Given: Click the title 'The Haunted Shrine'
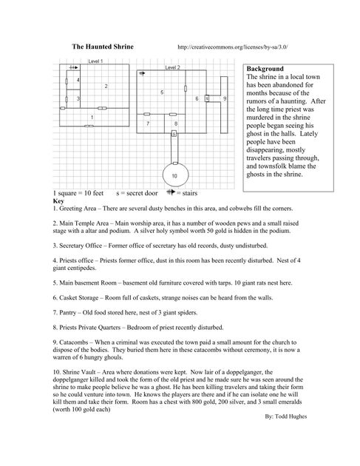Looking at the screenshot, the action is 103,47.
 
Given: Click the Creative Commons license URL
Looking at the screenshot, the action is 233,47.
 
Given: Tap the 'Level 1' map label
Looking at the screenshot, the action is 95,61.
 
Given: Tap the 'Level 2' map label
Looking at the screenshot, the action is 172,67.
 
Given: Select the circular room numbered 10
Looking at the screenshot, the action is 176,175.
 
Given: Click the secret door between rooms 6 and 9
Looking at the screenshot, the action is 207,98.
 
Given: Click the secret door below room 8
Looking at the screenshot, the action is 174,134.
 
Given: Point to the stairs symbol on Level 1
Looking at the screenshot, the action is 73,67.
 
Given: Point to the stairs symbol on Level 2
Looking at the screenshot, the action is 142,73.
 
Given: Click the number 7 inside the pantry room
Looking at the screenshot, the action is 148,124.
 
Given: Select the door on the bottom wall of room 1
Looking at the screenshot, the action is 89,126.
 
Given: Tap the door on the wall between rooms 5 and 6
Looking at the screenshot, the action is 186,88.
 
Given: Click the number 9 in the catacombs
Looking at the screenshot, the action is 225,98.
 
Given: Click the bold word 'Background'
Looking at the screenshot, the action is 265,69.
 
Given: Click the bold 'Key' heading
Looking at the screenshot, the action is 58,200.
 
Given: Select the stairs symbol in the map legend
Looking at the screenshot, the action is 171,192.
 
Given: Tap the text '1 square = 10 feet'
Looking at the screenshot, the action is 78,193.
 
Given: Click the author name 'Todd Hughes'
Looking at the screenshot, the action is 291,416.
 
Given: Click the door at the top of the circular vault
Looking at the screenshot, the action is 175,163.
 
